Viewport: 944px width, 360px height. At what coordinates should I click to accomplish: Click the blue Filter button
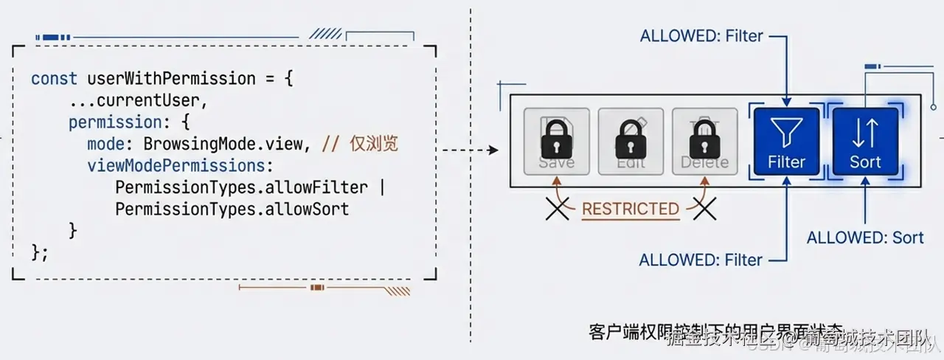[786, 142]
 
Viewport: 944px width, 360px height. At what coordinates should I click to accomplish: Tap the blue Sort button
[865, 142]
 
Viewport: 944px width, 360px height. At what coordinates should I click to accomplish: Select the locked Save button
[557, 142]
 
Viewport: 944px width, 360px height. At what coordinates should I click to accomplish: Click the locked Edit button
[631, 142]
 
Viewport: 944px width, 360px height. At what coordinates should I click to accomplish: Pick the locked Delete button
[704, 142]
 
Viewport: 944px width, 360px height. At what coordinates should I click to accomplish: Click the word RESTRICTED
[630, 209]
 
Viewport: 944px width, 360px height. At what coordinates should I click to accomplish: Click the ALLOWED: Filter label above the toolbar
[701, 35]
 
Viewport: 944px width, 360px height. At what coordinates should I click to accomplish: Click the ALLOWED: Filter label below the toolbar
[701, 260]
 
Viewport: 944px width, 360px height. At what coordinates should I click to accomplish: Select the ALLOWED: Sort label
[864, 238]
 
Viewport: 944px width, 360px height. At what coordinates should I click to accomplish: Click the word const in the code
[54, 79]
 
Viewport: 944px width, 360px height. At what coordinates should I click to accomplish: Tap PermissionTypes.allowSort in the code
[232, 209]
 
